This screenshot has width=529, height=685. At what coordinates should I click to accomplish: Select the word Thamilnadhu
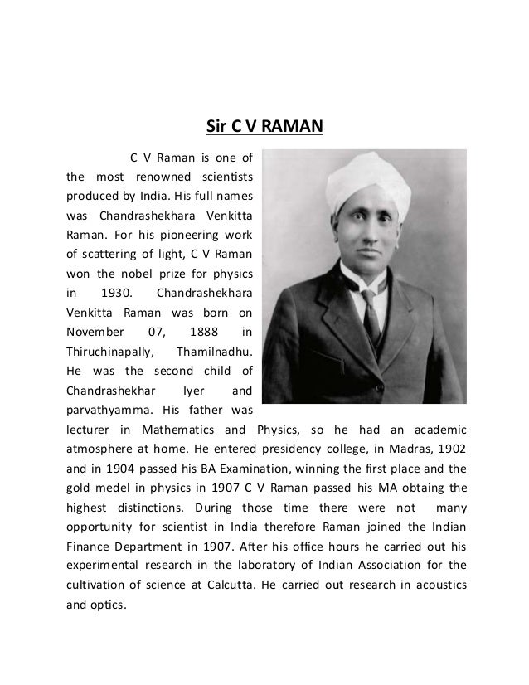[x=216, y=351]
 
